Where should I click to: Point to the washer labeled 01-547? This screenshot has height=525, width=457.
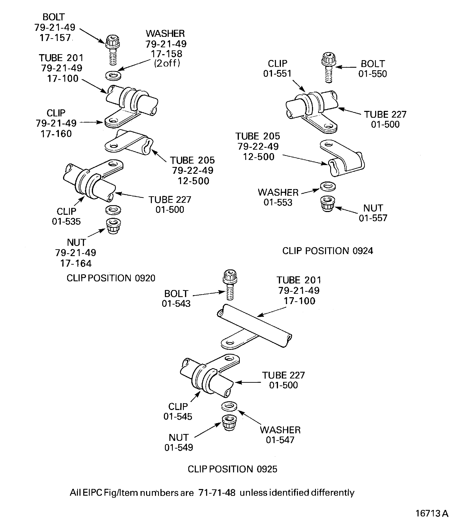pyautogui.click(x=229, y=406)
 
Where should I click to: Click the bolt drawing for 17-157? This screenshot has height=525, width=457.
pyautogui.click(x=113, y=50)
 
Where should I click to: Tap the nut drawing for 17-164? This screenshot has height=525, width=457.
pyautogui.click(x=113, y=226)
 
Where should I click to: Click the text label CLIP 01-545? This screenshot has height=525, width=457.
pyautogui.click(x=178, y=411)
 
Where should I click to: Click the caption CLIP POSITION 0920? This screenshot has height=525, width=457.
pyautogui.click(x=111, y=278)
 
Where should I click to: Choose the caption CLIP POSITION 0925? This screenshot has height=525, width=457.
pyautogui.click(x=232, y=469)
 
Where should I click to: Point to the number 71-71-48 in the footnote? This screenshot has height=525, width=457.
pyautogui.click(x=217, y=492)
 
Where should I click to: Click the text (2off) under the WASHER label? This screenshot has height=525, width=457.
pyautogui.click(x=167, y=63)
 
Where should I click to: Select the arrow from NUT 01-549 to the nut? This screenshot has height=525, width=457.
pyautogui.click(x=208, y=430)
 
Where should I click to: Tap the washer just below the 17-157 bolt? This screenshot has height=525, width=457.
pyautogui.click(x=113, y=75)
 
